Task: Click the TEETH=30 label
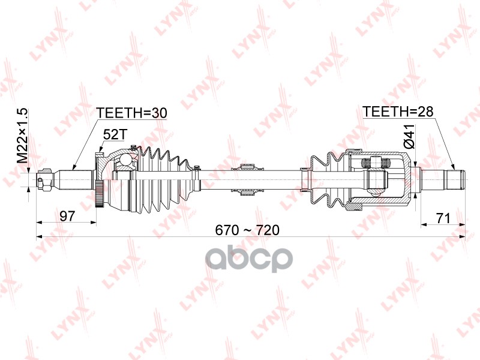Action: point(131,113)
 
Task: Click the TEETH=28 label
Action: point(398,112)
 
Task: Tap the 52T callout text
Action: point(114,134)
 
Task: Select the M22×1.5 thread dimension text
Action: point(22,136)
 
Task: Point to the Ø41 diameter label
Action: point(409,137)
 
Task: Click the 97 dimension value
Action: point(67,216)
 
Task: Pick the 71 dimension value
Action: point(443,218)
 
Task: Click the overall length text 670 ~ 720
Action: point(247,230)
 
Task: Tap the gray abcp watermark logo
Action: point(248,259)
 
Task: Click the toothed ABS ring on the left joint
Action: point(99,194)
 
